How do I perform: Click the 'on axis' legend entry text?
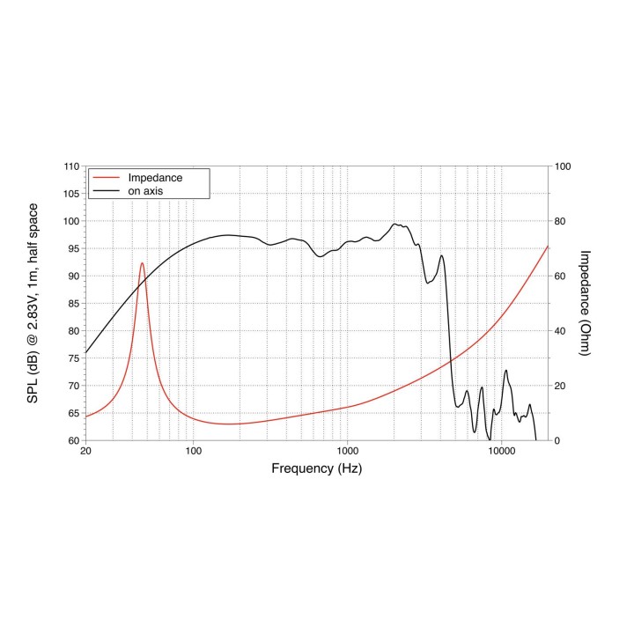coord(147,190)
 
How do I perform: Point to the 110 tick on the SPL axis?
coord(69,166)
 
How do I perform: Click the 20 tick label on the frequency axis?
coord(85,451)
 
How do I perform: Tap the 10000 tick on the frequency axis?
coord(501,451)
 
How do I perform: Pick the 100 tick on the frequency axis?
coord(194,451)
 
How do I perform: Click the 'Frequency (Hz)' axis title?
coord(316,468)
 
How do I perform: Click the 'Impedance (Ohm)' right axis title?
coord(585,303)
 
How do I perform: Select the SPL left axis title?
coord(33,303)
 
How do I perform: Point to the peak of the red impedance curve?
coord(142,262)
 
